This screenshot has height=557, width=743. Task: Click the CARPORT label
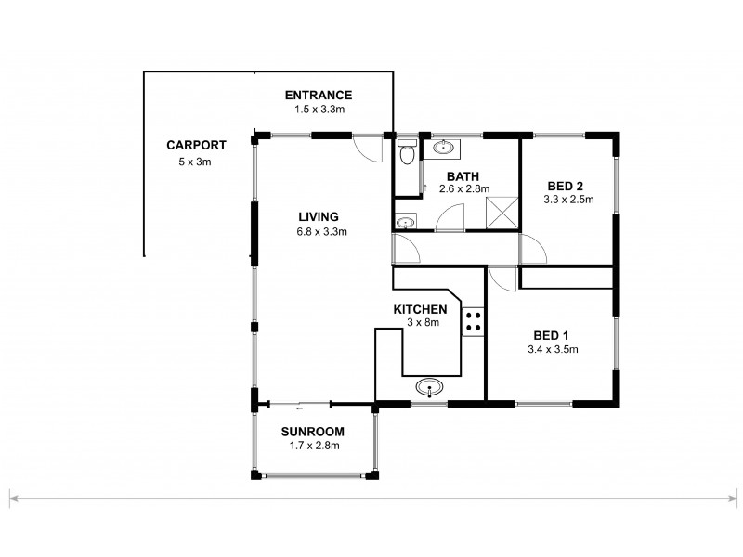click(196, 145)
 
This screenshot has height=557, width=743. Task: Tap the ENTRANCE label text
click(319, 95)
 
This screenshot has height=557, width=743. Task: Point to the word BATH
click(462, 176)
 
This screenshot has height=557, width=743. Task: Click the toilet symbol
click(407, 153)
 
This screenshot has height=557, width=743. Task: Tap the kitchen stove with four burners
click(472, 321)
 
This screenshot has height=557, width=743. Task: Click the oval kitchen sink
click(429, 387)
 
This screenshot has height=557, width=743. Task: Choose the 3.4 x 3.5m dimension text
click(554, 350)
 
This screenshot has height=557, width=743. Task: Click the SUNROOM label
click(313, 432)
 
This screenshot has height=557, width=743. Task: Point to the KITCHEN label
click(421, 309)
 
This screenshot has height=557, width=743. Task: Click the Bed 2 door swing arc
click(533, 249)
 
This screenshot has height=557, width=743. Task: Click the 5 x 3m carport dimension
click(196, 162)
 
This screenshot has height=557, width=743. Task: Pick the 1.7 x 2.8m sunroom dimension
click(313, 447)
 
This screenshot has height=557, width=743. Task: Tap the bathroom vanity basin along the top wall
click(444, 147)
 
